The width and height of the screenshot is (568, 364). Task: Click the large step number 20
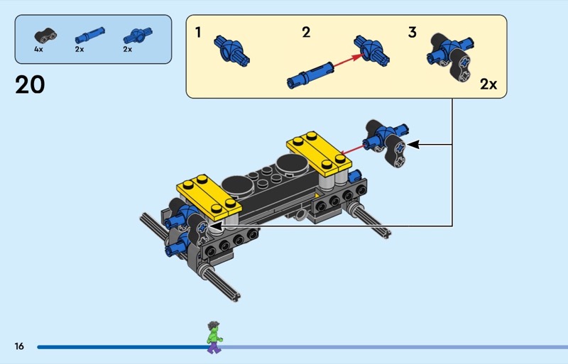pos(30,84)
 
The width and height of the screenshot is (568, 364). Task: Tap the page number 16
pos(19,346)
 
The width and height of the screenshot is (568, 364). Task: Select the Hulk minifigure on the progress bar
pos(214,337)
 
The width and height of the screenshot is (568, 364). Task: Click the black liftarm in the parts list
pos(45,35)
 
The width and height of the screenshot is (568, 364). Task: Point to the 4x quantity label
pos(38,49)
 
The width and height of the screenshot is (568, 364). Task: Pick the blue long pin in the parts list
pos(90,35)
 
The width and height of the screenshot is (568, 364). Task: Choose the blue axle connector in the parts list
pos(138,35)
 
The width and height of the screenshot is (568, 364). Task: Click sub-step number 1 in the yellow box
pos(198,32)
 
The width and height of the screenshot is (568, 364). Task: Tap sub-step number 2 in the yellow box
pos(306,32)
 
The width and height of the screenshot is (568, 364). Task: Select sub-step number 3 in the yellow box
pos(413,32)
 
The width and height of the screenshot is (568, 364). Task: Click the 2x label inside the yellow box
pos(488,84)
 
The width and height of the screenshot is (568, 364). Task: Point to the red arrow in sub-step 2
pos(348,60)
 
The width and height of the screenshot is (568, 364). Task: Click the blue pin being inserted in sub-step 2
pos(310,75)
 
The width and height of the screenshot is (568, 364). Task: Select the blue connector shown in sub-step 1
pos(232,51)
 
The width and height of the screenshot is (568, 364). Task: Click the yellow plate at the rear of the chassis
pos(319,153)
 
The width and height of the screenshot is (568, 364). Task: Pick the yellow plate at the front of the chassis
pos(209,198)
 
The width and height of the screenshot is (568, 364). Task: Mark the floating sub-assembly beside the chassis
pos(386,143)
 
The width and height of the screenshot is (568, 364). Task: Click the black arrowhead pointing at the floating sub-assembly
pos(413,145)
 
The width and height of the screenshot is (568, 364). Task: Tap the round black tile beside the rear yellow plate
pos(292,165)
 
